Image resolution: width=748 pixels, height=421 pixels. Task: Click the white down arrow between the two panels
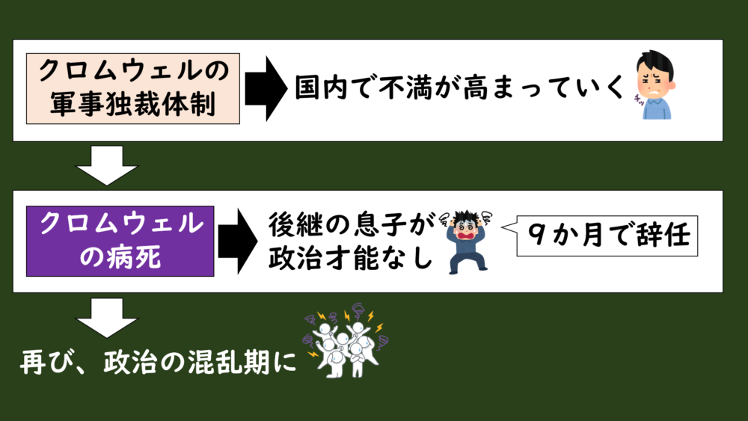[108, 165]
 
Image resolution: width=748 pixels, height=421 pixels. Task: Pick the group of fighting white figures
[346, 342]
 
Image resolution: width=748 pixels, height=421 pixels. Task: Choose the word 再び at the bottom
[46, 363]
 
